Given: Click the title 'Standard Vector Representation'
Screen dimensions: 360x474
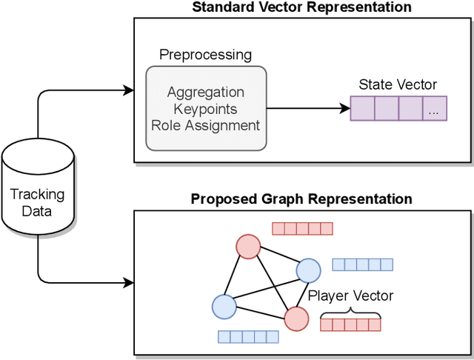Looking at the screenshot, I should [301, 7].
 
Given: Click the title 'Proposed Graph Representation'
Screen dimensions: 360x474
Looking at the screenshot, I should [301, 199].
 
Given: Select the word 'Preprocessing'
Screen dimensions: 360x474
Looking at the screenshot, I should [205, 56].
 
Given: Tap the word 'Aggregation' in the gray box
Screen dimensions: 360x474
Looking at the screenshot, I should [205, 93].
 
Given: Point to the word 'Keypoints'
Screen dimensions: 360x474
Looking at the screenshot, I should [205, 109].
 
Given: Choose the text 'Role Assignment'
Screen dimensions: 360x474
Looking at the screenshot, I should [205, 125].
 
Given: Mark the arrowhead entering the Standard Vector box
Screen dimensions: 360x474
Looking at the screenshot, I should [130, 90].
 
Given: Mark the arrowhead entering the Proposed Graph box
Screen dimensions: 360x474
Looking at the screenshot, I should [130, 282].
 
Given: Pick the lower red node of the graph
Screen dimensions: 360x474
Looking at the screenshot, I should [296, 319].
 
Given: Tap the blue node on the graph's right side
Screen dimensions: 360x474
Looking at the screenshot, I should [307, 270].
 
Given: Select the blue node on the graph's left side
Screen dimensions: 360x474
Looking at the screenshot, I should [224, 305].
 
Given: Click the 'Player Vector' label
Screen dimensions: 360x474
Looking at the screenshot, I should [350, 296].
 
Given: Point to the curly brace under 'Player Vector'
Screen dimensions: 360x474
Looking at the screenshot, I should [350, 316].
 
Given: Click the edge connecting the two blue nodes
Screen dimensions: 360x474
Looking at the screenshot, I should [265, 288].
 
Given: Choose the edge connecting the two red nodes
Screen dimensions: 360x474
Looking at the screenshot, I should [271, 281].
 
